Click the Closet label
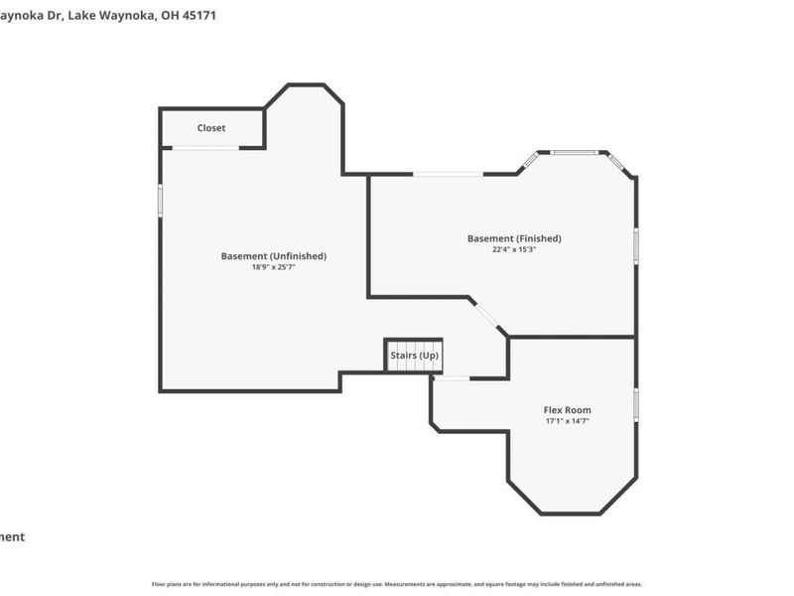coord(210,128)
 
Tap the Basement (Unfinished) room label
coord(273,256)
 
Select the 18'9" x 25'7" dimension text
coord(273,267)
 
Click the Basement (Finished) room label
coord(514,238)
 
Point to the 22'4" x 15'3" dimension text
coord(514,249)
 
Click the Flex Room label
coord(567,410)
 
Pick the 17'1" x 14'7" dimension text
coord(567,421)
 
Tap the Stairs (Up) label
coord(414,356)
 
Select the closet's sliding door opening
coord(205,148)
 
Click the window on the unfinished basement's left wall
coord(161,199)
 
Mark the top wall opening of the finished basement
coord(449,175)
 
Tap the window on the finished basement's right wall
coord(635,244)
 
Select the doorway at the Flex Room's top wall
coord(452,378)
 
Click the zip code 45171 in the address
coord(198,16)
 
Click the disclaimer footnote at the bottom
coord(397,584)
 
